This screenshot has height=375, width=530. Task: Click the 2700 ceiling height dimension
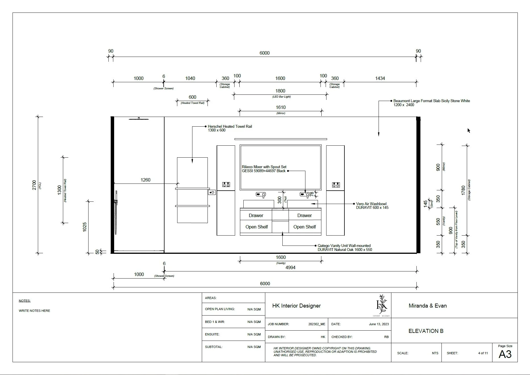pos(34,185)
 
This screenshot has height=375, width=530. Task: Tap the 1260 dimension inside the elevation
pos(145,180)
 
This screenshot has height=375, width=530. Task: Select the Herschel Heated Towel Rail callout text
pos(230,128)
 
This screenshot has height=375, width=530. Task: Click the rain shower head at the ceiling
pos(139,119)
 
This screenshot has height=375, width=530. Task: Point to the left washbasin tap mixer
pos(261,195)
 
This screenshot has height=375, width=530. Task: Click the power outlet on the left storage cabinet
pos(226,185)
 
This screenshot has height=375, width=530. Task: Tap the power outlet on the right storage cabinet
pos(336,185)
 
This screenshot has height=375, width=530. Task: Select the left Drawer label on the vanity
pos(256,215)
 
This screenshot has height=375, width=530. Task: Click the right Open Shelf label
pos(305,227)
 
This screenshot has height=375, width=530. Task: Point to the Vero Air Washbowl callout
pos(372,206)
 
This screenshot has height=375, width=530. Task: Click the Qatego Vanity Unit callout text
pos(345,248)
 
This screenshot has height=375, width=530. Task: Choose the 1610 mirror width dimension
pos(281,107)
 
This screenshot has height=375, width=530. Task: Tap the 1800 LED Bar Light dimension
pos(280,91)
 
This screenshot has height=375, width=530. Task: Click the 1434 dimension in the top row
pos(380,78)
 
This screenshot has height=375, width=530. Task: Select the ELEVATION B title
pos(426,331)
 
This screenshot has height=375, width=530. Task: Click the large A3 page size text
pos(505,354)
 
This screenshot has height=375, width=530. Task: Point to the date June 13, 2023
pos(379,324)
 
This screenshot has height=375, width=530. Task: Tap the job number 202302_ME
pos(317,324)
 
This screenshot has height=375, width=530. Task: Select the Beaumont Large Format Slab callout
pos(432,103)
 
